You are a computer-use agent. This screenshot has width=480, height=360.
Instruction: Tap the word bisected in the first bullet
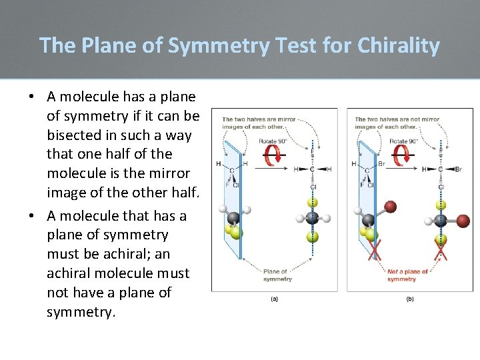pyautogui.click(x=75, y=135)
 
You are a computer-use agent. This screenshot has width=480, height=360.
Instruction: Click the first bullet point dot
pyautogui.click(x=31, y=97)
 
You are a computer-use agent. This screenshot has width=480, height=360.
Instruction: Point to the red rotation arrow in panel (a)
pyautogui.click(x=272, y=156)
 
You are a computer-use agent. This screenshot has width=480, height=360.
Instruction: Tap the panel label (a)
pyautogui.click(x=274, y=299)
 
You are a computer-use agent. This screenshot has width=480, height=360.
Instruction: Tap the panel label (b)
pyautogui.click(x=409, y=299)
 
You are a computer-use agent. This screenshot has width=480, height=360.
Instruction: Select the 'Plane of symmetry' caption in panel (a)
pyautogui.click(x=275, y=275)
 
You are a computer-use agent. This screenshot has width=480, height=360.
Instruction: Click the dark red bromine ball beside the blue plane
pyautogui.click(x=391, y=207)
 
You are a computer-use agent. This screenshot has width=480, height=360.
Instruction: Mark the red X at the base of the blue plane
pyautogui.click(x=375, y=250)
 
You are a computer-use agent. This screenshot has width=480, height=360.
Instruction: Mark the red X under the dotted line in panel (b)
pyautogui.click(x=440, y=250)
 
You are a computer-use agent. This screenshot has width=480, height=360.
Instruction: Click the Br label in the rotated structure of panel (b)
pyautogui.click(x=461, y=169)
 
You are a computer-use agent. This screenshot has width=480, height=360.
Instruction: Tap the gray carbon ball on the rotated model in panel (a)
pyautogui.click(x=311, y=219)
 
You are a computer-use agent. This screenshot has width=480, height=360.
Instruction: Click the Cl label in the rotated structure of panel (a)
pyautogui.click(x=312, y=187)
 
